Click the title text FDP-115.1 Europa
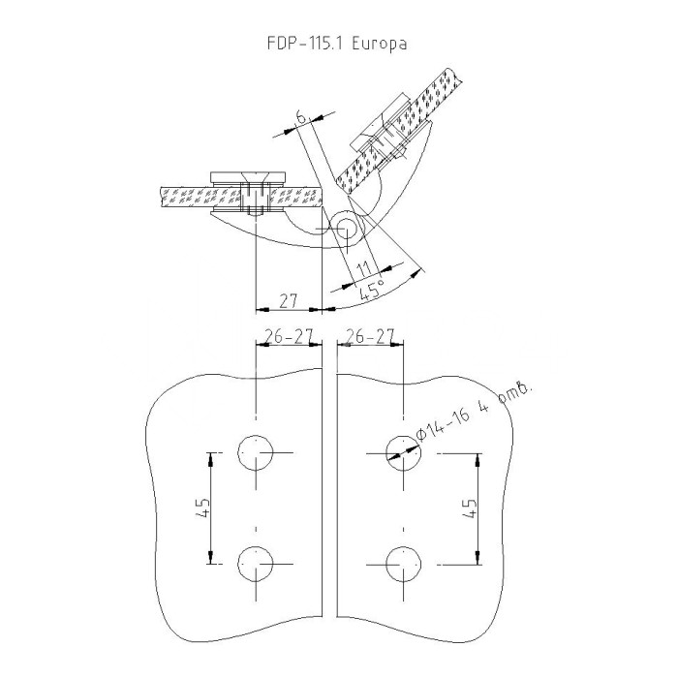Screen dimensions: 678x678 (337, 44)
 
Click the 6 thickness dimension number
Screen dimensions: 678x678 (302, 116)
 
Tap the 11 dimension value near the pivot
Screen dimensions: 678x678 (364, 269)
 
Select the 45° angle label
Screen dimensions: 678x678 (372, 290)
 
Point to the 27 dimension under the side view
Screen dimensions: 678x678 (289, 300)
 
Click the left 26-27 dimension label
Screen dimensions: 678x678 (288, 335)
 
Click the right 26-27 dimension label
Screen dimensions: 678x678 (370, 335)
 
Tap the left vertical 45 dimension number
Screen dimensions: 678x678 (202, 508)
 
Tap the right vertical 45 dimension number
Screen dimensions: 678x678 (469, 508)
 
